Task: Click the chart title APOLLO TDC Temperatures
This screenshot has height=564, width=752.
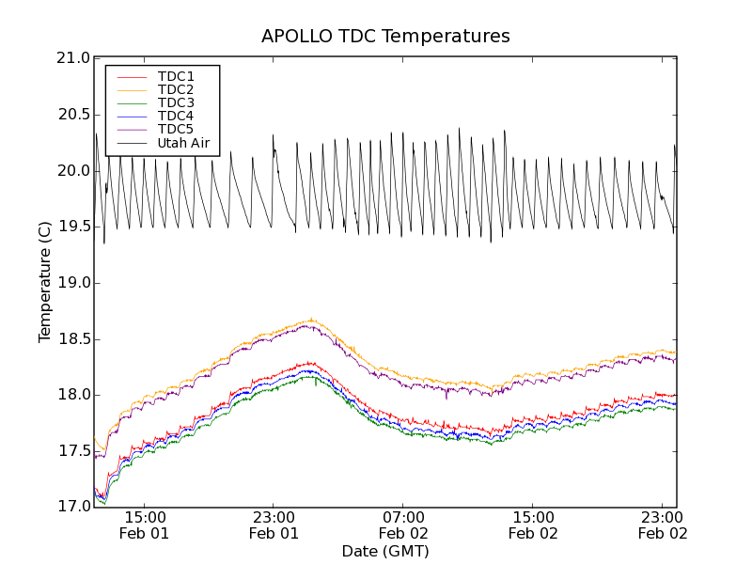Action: pos(385,37)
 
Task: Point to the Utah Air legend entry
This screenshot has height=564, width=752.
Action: pos(182,143)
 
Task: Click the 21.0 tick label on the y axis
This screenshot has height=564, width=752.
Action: pos(72,58)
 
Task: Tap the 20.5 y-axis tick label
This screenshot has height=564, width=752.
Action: pos(72,115)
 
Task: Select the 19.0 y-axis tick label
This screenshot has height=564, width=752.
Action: pos(72,283)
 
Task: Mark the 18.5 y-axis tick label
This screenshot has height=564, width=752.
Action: pos(72,338)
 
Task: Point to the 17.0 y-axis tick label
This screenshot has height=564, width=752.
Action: pos(72,507)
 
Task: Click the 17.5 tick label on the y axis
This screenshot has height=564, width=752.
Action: pos(72,451)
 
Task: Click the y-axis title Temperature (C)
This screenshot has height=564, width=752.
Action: pos(45,282)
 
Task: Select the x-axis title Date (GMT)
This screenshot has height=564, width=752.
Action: pos(385,551)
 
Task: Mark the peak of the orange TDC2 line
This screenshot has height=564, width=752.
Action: pos(311,319)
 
